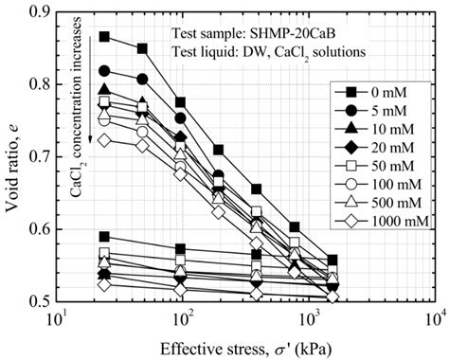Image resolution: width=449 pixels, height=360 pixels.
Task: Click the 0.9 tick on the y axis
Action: point(41,12)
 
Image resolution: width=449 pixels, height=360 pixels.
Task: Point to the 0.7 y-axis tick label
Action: point(41,156)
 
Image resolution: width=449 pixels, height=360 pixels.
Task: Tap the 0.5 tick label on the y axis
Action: point(41,300)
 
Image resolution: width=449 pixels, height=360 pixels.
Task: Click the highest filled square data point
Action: point(104,37)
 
